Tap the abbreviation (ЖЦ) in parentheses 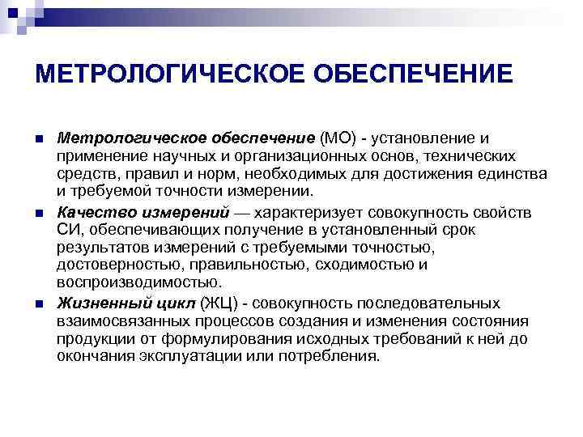point(224,303)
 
